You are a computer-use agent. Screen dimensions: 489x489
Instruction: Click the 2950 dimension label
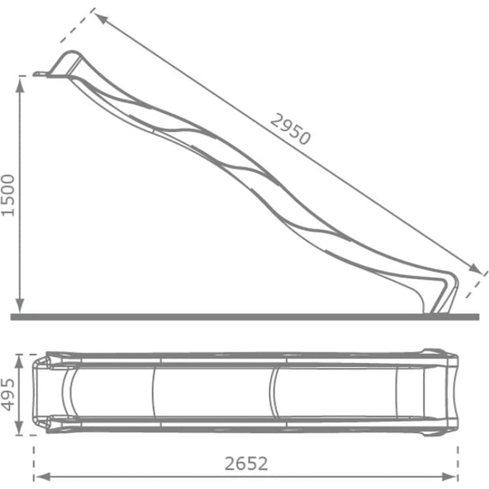(x=290, y=129)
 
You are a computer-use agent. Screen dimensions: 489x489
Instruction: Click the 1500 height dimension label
(x=8, y=196)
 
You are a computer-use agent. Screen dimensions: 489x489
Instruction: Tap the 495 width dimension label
(x=8, y=394)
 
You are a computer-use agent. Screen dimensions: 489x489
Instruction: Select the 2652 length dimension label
(x=246, y=464)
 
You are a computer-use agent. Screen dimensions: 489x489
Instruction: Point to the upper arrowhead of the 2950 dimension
(x=101, y=19)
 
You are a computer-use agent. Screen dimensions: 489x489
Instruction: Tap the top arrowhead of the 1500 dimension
(x=20, y=85)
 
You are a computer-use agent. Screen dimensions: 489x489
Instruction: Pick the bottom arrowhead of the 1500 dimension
(x=20, y=306)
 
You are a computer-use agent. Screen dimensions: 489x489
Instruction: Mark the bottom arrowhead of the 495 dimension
(x=19, y=427)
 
